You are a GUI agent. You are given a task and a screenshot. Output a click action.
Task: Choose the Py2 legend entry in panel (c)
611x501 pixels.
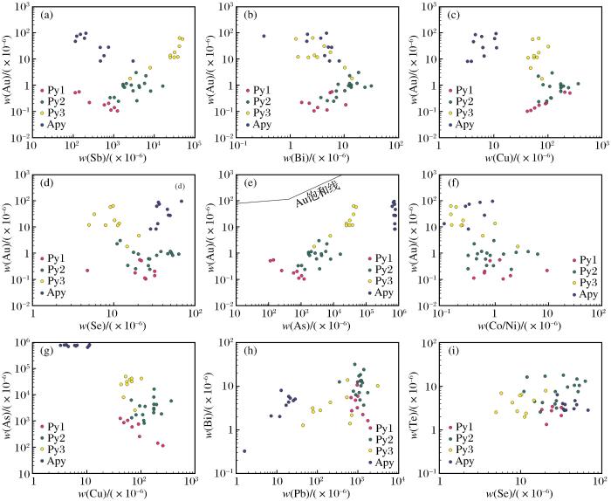(463, 101)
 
